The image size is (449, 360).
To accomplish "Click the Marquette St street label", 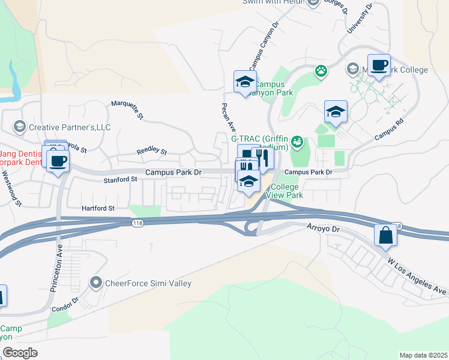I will point(127,110).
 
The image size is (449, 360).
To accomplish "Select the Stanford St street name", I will point(121,179).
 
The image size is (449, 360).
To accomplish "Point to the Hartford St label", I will point(98,208).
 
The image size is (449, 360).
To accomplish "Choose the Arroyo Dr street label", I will point(323,229).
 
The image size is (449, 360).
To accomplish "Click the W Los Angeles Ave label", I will point(417,276).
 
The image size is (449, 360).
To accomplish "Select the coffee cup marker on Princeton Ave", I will point(58,161).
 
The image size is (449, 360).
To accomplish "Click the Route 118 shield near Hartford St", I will point(137,223).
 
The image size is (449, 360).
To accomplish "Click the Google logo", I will point(20,353).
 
